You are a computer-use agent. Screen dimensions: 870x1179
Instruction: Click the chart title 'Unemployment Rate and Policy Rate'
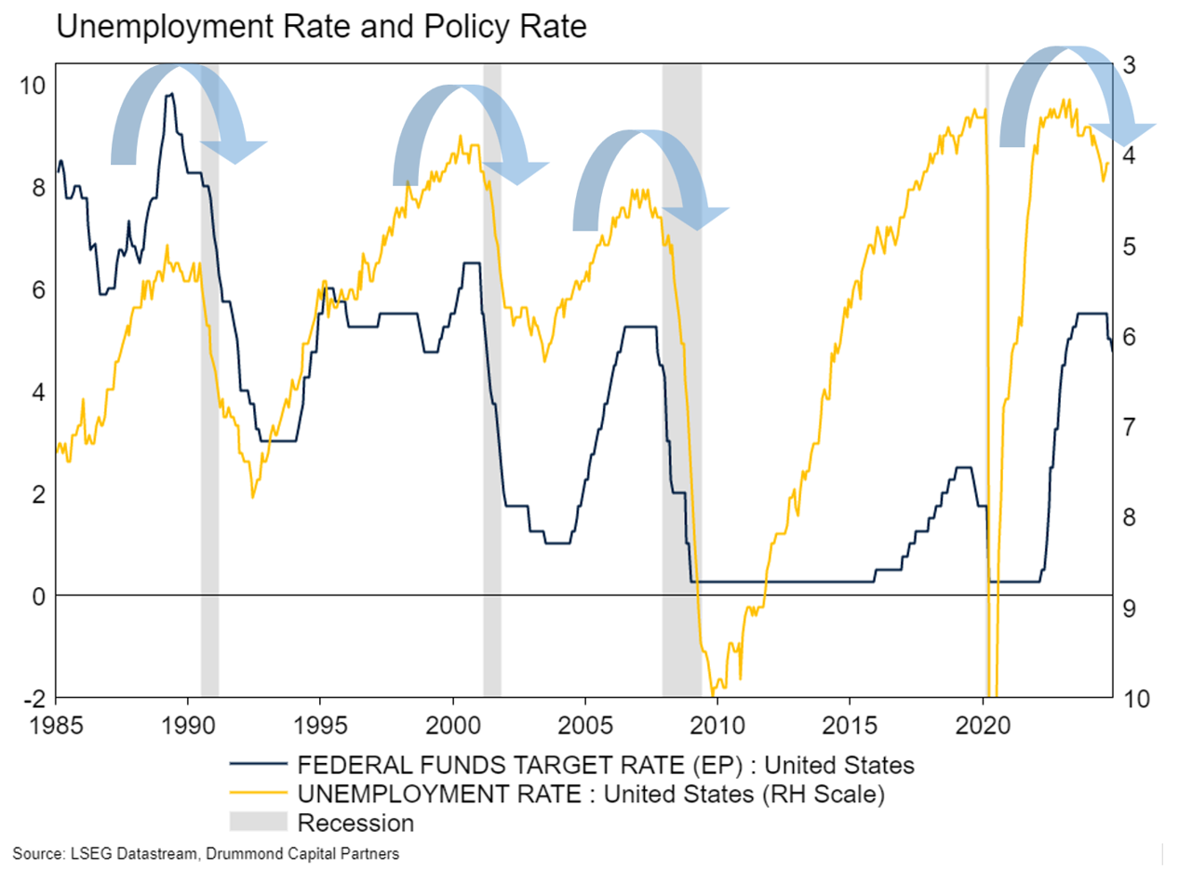pos(321,28)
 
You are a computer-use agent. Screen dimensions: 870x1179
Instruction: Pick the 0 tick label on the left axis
pos(37,596)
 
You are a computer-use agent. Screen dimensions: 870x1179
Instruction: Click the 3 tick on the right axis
pos(1129,66)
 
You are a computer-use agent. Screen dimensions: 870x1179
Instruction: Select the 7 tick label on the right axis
pos(1129,427)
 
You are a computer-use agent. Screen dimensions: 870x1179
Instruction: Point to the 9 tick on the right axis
pos(1129,608)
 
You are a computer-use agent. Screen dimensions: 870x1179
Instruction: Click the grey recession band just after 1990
pos(209,372)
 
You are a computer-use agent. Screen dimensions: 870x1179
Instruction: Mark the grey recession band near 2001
pos(492,372)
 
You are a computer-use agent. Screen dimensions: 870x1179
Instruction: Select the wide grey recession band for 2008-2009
pos(681,372)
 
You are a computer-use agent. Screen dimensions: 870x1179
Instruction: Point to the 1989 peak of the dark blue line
pos(169,94)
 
